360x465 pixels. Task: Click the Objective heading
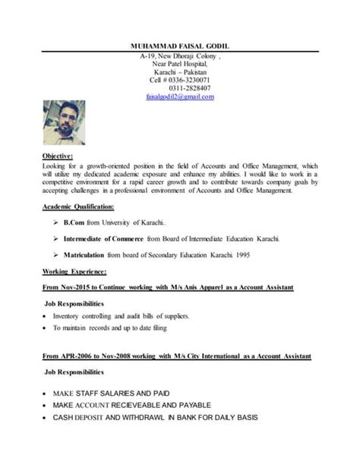(x=58, y=156)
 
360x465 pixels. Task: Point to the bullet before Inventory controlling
(x=47, y=315)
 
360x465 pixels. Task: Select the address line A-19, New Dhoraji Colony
(x=178, y=56)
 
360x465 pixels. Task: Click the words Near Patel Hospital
(x=180, y=65)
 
